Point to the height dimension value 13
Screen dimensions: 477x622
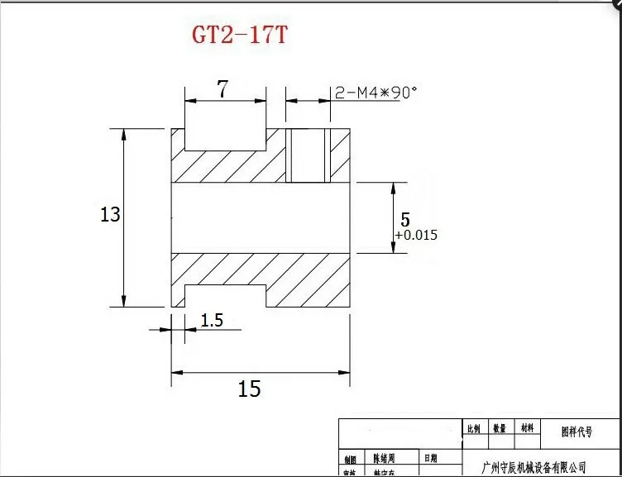click(110, 215)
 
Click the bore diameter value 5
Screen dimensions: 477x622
click(404, 220)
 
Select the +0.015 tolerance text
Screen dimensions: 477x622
click(416, 236)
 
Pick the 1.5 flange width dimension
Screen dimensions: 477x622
click(212, 321)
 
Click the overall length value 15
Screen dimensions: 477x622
click(249, 389)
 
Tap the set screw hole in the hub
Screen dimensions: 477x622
click(308, 155)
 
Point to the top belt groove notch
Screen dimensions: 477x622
click(225, 139)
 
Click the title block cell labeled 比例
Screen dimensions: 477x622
click(473, 429)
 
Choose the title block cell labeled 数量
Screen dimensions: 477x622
click(500, 429)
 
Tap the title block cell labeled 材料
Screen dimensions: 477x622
click(527, 429)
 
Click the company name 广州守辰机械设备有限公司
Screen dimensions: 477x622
click(534, 467)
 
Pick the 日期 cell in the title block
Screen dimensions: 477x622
click(431, 458)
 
